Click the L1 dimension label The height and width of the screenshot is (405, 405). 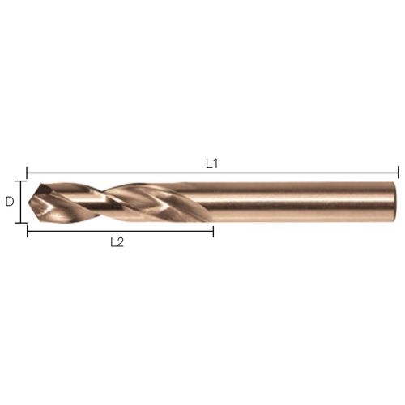[211, 164]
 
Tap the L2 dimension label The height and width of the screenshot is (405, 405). [117, 242]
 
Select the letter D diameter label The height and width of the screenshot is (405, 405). [10, 202]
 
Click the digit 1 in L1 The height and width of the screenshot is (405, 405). [215, 164]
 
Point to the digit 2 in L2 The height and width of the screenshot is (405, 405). [120, 242]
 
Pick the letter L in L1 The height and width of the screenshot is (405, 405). [209, 164]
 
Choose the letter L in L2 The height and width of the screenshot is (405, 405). [113, 242]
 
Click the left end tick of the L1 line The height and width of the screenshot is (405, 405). [27, 173]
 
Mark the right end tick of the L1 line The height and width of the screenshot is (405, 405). [399, 173]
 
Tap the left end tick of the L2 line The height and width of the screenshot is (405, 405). [28, 231]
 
